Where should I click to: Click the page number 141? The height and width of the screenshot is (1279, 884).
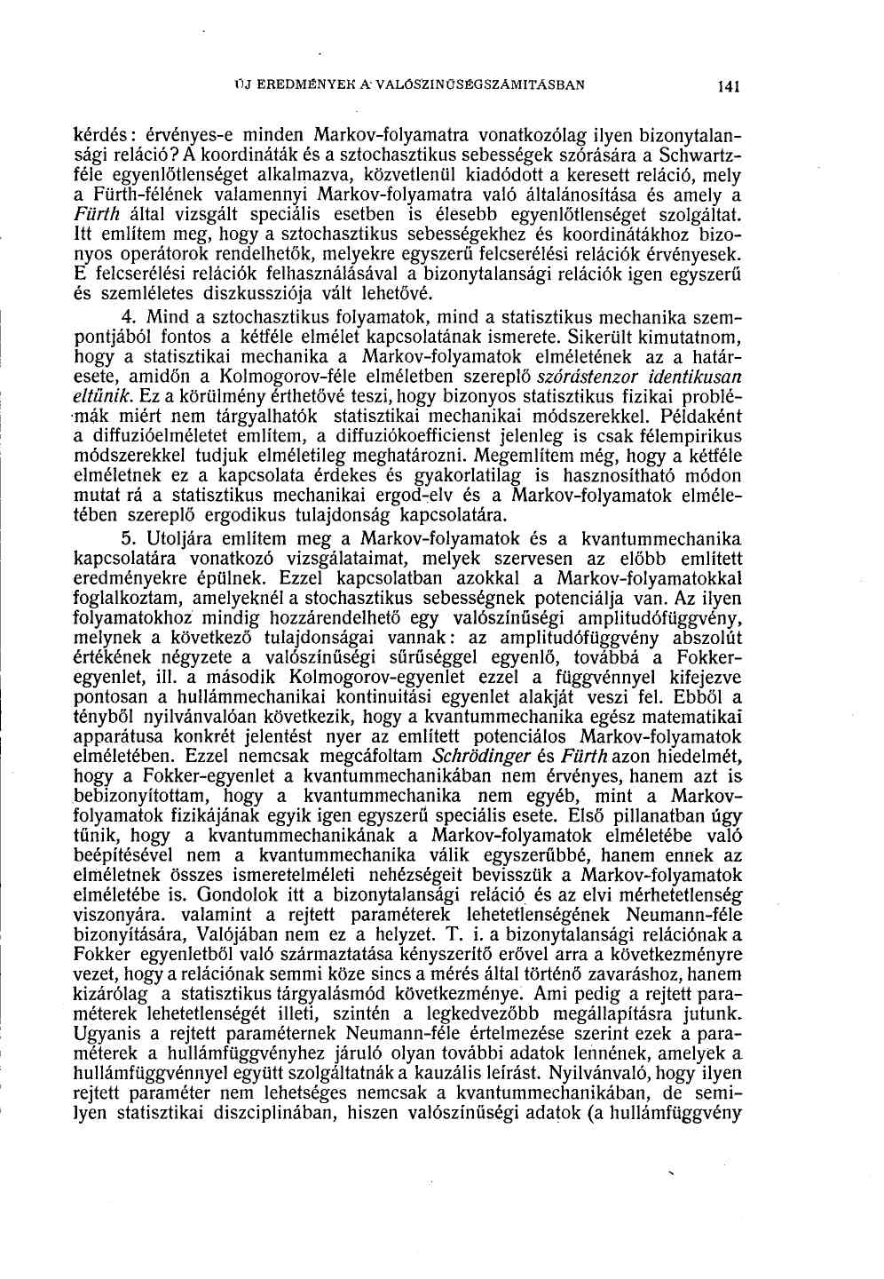731,88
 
